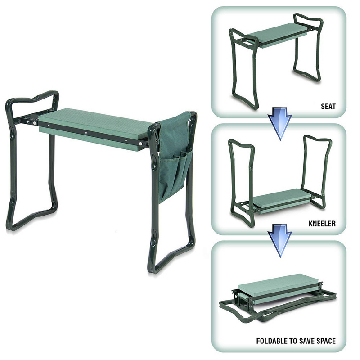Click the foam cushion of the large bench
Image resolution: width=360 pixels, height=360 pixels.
97,122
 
